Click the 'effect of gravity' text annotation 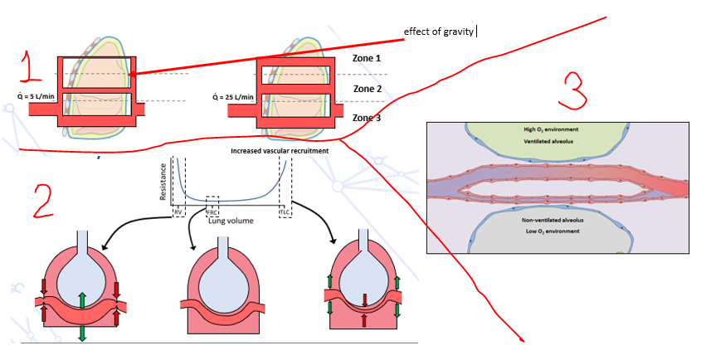pos(439,32)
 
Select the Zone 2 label pos(368,89)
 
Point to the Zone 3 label pos(368,118)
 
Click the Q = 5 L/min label pos(37,96)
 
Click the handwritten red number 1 pos(31,66)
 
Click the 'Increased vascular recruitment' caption pos(280,151)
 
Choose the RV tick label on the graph pos(178,212)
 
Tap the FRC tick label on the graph pos(212,212)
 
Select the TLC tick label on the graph pos(285,212)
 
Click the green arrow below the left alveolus pos(82,333)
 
